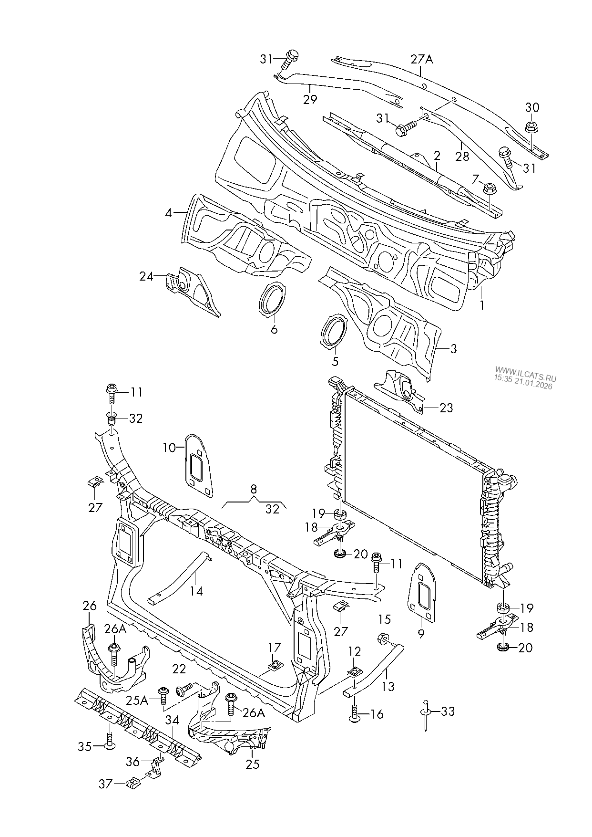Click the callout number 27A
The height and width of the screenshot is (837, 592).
pyautogui.click(x=422, y=60)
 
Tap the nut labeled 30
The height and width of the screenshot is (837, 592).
pyautogui.click(x=530, y=127)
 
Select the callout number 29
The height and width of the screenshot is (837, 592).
pyautogui.click(x=310, y=99)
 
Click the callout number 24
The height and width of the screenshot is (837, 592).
pyautogui.click(x=146, y=276)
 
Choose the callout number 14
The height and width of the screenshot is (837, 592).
pyautogui.click(x=196, y=591)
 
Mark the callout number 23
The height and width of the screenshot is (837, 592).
pyautogui.click(x=446, y=408)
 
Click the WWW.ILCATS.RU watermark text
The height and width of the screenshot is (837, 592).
pyautogui.click(x=525, y=377)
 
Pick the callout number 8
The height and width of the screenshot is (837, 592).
pyautogui.click(x=254, y=489)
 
